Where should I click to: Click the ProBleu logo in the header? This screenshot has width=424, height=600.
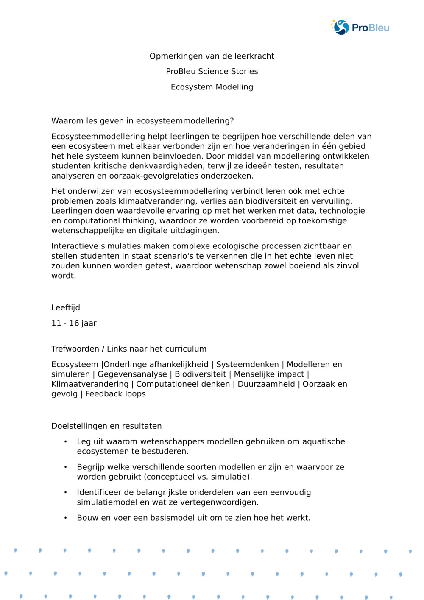click(x=360, y=28)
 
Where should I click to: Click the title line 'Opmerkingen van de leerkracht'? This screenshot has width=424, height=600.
click(x=212, y=56)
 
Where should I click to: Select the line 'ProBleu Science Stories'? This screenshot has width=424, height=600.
click(x=212, y=71)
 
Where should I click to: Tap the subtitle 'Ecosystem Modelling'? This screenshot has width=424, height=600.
click(x=212, y=87)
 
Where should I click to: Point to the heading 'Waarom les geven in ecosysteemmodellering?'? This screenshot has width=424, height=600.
click(x=142, y=121)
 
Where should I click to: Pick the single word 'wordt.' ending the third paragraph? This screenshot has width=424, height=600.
click(x=64, y=276)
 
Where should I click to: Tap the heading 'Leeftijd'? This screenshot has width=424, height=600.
click(x=65, y=307)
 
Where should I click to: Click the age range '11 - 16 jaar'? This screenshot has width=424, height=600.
click(x=74, y=323)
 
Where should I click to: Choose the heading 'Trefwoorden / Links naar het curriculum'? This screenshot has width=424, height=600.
click(x=129, y=349)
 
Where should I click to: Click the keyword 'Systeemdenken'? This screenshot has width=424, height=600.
click(x=248, y=364)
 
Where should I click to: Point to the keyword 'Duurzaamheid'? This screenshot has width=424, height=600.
click(x=266, y=384)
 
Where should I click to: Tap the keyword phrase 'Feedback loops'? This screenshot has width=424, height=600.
click(x=115, y=393)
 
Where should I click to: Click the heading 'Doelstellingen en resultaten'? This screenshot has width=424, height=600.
click(x=106, y=426)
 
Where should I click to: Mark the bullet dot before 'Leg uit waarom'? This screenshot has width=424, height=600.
click(x=66, y=441)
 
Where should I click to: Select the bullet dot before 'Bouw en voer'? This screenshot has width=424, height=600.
click(x=66, y=518)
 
